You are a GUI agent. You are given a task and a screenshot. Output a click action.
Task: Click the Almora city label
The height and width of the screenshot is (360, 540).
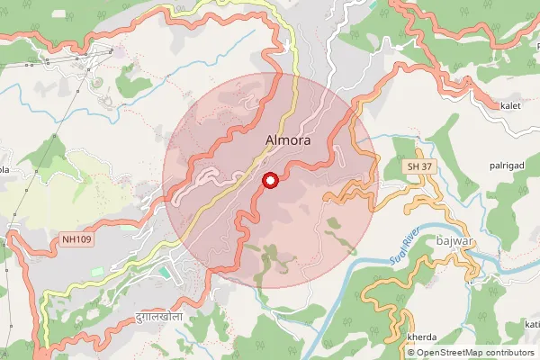click(x=288, y=141)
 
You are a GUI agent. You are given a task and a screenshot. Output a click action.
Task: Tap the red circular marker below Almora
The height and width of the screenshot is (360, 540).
click(x=268, y=181)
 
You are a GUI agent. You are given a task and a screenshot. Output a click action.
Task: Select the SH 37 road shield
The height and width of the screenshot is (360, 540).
click(x=416, y=167)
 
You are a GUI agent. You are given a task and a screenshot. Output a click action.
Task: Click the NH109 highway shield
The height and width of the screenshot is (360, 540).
click(x=77, y=239)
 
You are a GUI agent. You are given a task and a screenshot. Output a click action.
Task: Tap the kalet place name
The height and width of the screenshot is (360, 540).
click(x=511, y=106)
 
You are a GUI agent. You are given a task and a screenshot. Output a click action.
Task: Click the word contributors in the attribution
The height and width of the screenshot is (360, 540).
click(x=509, y=352)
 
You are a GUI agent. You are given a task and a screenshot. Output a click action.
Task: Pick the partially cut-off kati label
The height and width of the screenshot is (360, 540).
click(x=532, y=324)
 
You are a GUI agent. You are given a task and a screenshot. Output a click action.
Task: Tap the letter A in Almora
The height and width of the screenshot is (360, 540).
click(x=271, y=141)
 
